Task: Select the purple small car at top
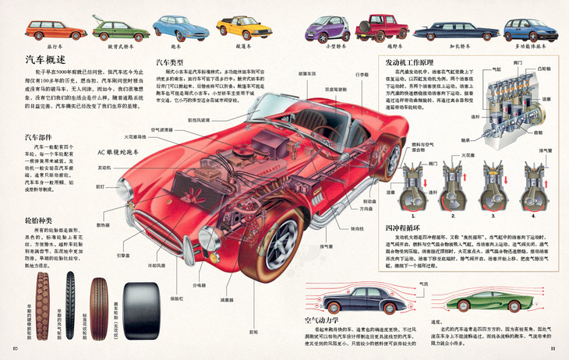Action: pyautogui.click(x=326, y=29)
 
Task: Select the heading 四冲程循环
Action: pyautogui.click(x=402, y=228)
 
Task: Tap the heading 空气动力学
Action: pyautogui.click(x=324, y=319)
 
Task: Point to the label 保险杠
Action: pyautogui.click(x=176, y=297)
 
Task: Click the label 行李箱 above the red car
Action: pyautogui.click(x=362, y=75)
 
